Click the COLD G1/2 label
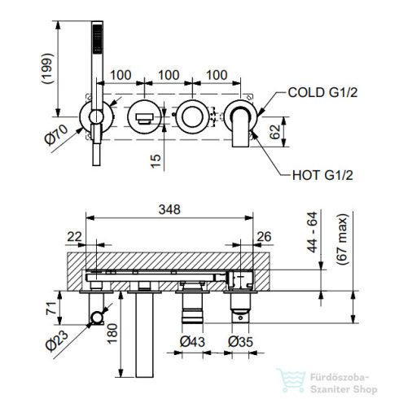tap(322, 93)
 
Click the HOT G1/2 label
tap(322, 175)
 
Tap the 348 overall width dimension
tap(169, 209)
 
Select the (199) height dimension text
tap(47, 68)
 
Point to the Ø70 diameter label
tap(56, 134)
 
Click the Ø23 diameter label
tap(57, 341)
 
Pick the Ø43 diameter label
tap(192, 341)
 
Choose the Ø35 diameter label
tap(240, 341)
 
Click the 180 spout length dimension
tap(112, 334)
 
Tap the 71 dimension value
tap(53, 308)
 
